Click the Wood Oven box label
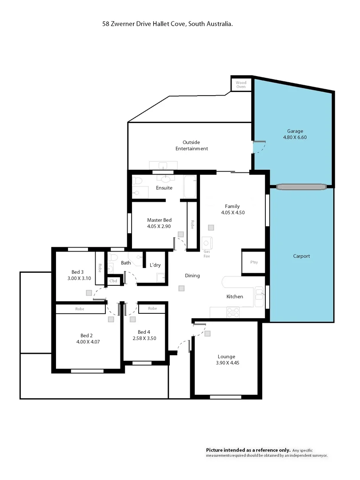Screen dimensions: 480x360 [x=241, y=84]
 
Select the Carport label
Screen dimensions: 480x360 [x=301, y=256]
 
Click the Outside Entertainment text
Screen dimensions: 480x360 [x=192, y=145]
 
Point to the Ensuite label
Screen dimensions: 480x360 [x=164, y=188]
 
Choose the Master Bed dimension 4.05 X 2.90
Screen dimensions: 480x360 [x=159, y=226]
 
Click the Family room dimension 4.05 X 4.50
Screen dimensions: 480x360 [x=232, y=212]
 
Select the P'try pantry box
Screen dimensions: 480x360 [x=254, y=262]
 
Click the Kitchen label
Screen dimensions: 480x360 [x=235, y=296]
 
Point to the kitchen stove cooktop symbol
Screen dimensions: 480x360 [x=233, y=313]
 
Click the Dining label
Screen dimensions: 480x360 [x=192, y=276]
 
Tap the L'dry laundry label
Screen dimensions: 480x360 [x=155, y=265]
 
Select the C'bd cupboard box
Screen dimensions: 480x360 [x=113, y=281]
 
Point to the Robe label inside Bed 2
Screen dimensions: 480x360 [x=80, y=308]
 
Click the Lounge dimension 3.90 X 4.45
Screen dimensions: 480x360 [x=226, y=363]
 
